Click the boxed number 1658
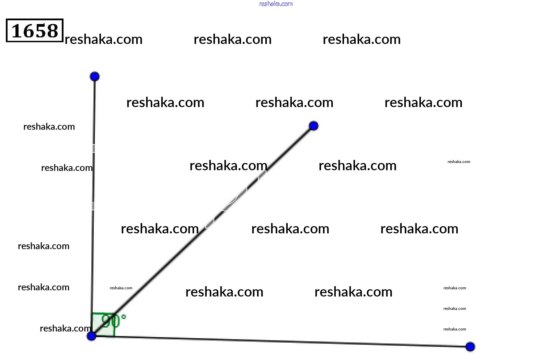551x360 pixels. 35,31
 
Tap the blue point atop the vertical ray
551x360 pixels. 95,76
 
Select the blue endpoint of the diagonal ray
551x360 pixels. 313,126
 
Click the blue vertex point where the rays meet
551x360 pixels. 91,336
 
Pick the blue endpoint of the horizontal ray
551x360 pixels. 470,347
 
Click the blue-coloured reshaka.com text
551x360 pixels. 276,4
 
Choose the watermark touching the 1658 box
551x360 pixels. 104,39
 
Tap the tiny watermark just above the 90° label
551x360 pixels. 121,288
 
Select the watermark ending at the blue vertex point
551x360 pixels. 65,328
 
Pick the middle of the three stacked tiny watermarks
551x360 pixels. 455,309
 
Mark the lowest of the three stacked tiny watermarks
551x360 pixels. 455,329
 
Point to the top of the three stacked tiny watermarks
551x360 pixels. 455,288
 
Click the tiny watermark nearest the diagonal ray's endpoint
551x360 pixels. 459,162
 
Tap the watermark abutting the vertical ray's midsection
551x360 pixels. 67,168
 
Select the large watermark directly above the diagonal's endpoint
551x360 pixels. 294,103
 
